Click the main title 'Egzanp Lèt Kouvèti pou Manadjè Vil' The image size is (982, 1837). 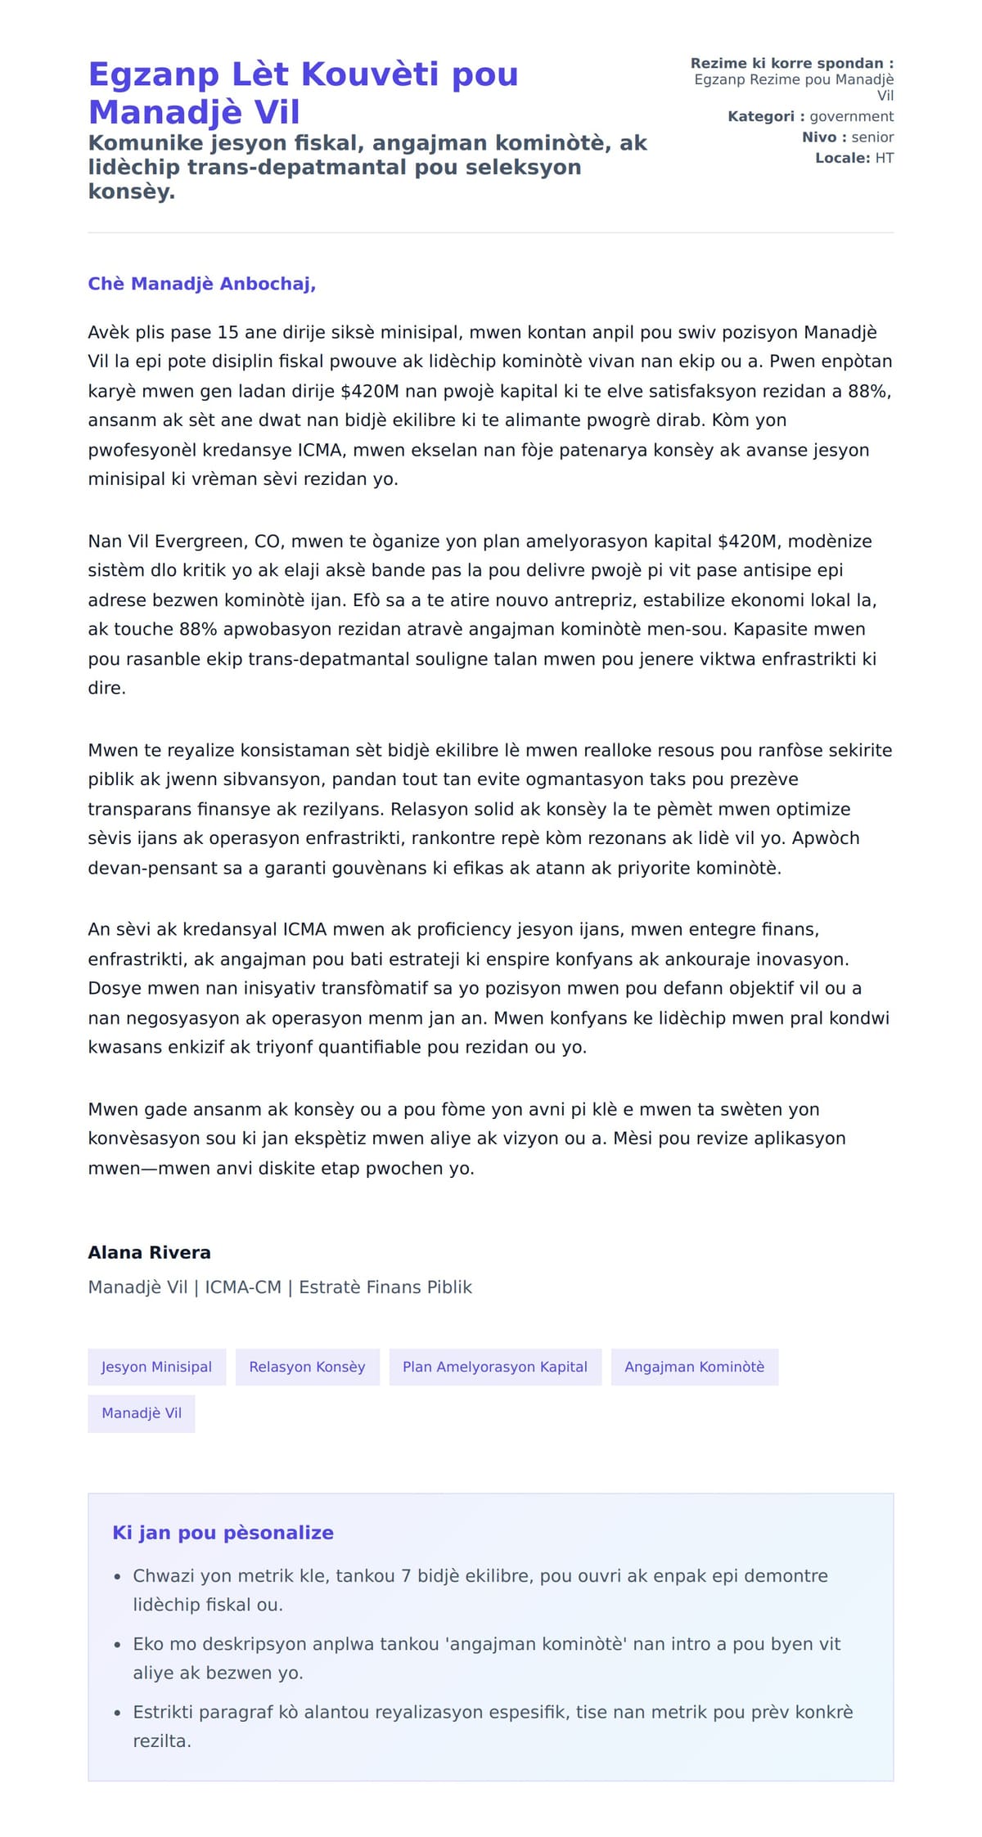303,92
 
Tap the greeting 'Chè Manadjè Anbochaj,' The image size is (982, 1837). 201,284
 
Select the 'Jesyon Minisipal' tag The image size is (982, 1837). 156,1367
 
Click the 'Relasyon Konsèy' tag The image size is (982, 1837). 307,1367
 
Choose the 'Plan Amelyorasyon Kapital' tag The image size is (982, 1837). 494,1367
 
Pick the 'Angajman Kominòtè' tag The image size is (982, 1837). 694,1367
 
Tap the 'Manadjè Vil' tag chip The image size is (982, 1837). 142,1413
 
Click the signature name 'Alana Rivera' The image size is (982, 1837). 149,1252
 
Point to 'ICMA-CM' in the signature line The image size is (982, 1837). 243,1287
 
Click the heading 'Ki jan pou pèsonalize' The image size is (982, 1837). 223,1533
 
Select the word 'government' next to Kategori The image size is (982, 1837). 851,116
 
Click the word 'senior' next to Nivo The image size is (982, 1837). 872,137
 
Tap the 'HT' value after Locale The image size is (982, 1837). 884,158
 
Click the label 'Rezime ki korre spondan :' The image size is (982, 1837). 791,63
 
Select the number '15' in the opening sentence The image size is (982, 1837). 227,332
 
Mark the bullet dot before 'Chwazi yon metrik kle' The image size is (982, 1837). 117,1577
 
